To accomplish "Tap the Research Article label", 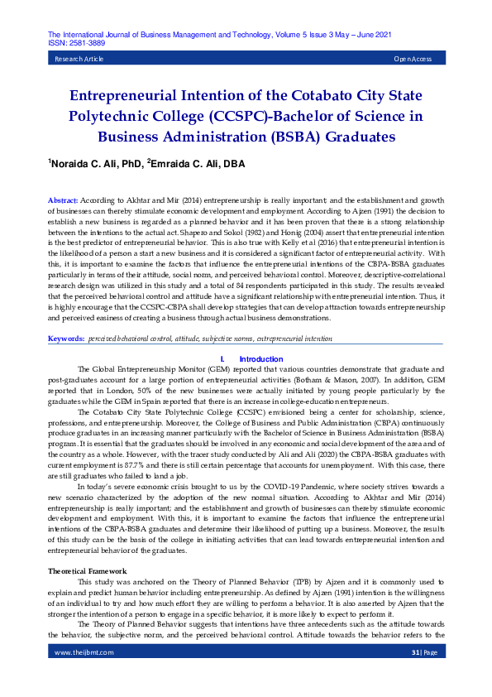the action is point(79,60).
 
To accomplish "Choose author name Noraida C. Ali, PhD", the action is point(96,165).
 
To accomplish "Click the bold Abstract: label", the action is point(63,201).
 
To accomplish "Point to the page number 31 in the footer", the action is point(415,675).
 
